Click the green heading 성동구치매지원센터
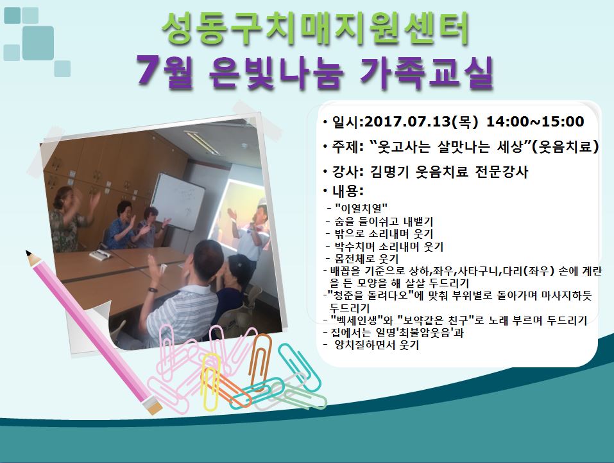315,30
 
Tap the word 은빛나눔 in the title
277,72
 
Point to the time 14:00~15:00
535,121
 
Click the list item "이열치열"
361,208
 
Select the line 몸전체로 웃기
366,259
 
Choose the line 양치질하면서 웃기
377,345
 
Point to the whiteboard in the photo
178,201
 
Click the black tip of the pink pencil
28,252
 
